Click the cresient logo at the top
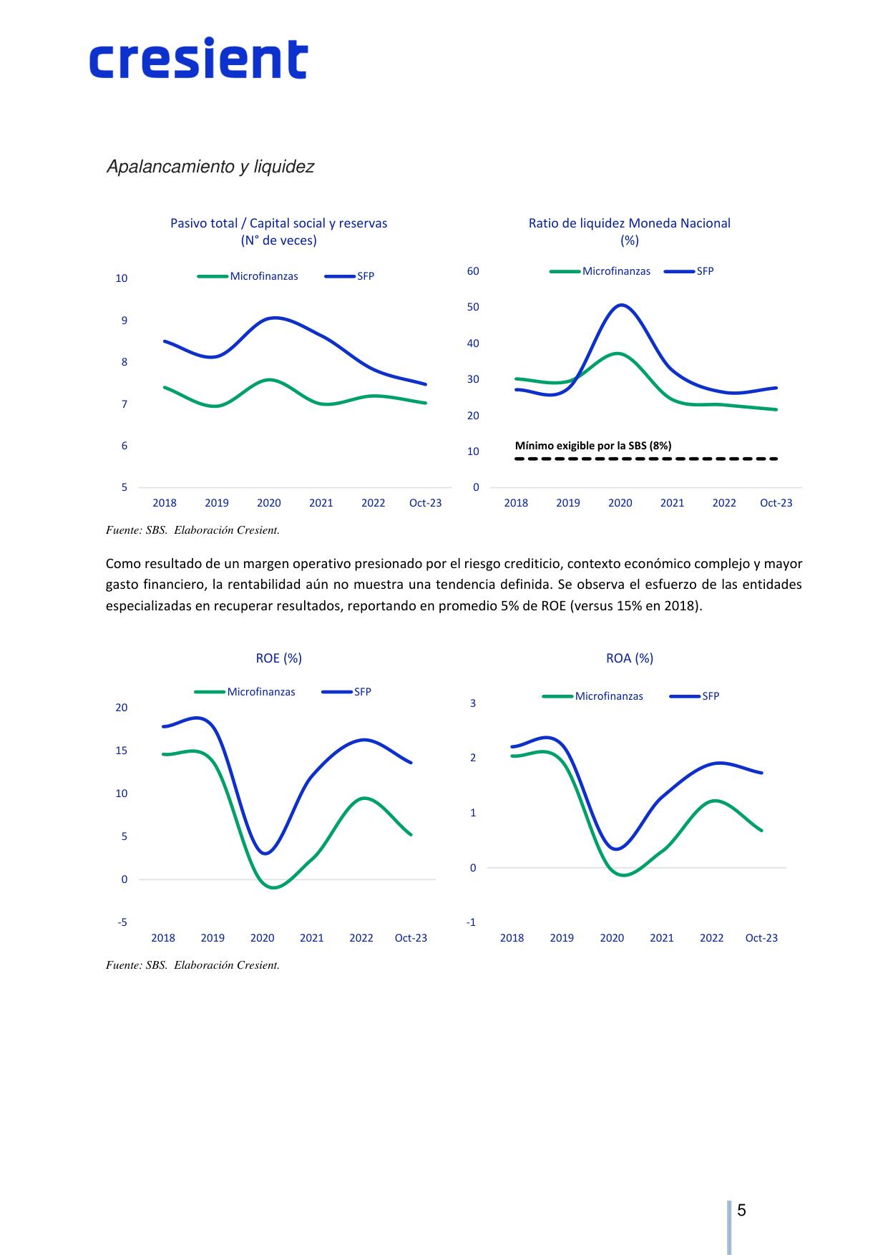pyautogui.click(x=198, y=58)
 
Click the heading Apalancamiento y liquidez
pyautogui.click(x=210, y=167)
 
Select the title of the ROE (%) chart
pyautogui.click(x=279, y=658)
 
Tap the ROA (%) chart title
pyautogui.click(x=630, y=658)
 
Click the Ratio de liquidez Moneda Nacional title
pyautogui.click(x=630, y=223)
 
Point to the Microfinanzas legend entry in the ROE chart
pyautogui.click(x=245, y=692)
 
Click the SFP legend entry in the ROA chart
pyautogui.click(x=695, y=696)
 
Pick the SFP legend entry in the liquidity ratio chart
pyautogui.click(x=690, y=271)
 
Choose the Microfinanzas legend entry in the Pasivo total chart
pyautogui.click(x=248, y=276)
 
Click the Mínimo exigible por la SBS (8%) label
pyautogui.click(x=593, y=446)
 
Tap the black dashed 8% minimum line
pyautogui.click(x=646, y=459)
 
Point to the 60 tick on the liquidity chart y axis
pyautogui.click(x=473, y=271)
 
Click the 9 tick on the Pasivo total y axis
pyautogui.click(x=125, y=321)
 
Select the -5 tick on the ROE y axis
pyautogui.click(x=122, y=922)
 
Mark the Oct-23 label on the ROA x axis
pyautogui.click(x=761, y=938)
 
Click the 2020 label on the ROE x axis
pyautogui.click(x=262, y=938)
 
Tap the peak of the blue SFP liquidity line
pyautogui.click(x=620, y=306)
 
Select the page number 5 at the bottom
pyautogui.click(x=741, y=1211)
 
